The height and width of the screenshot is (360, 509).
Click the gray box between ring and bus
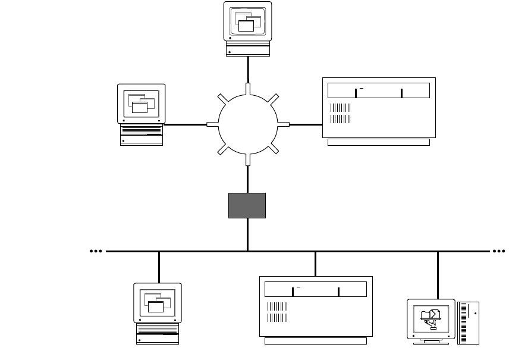point(247,205)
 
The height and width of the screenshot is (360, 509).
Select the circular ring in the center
point(247,124)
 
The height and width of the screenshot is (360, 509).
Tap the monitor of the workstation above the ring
point(247,21)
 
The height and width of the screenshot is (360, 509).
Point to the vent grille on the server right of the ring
point(340,113)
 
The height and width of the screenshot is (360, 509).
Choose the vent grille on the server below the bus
point(277,312)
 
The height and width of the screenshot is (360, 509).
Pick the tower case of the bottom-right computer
point(468,322)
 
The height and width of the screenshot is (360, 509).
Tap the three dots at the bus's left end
point(96,252)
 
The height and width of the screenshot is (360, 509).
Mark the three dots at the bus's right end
point(498,252)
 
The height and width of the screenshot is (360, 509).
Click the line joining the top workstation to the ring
point(247,70)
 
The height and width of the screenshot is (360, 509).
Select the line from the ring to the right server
point(305,124)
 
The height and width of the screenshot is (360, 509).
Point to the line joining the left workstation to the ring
point(186,124)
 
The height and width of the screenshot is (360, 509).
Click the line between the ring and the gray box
point(247,179)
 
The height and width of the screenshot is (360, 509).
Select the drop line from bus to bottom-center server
point(315,264)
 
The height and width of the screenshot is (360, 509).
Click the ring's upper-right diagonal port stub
point(273,99)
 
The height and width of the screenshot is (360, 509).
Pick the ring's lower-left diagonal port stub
point(222,150)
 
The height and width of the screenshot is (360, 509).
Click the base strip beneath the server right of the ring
point(378,142)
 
